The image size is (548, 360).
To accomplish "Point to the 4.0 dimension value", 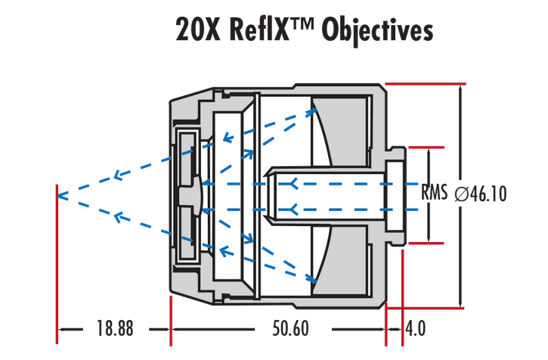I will (x=416, y=330).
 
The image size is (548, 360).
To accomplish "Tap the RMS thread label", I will (x=436, y=194).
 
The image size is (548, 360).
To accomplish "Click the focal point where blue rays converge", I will (x=60, y=196).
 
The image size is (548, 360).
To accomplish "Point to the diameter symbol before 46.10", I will (x=462, y=194).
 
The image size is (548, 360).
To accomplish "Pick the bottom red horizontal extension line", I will (x=423, y=309).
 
